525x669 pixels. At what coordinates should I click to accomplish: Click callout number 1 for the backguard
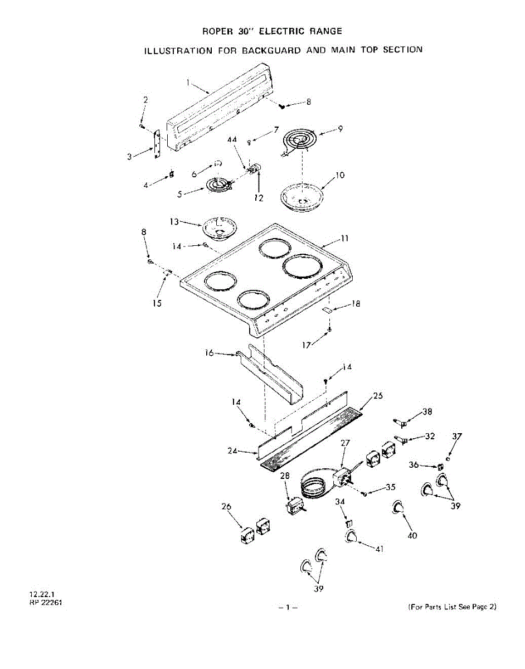188,83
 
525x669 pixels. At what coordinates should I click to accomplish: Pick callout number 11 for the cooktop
344,238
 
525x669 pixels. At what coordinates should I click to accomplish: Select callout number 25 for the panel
378,396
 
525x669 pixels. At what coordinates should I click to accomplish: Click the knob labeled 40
398,507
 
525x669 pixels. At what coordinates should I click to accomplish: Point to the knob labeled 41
351,537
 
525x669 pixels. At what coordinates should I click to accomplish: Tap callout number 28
285,476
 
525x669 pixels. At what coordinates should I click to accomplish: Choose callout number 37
457,437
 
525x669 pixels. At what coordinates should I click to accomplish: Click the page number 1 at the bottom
288,607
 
